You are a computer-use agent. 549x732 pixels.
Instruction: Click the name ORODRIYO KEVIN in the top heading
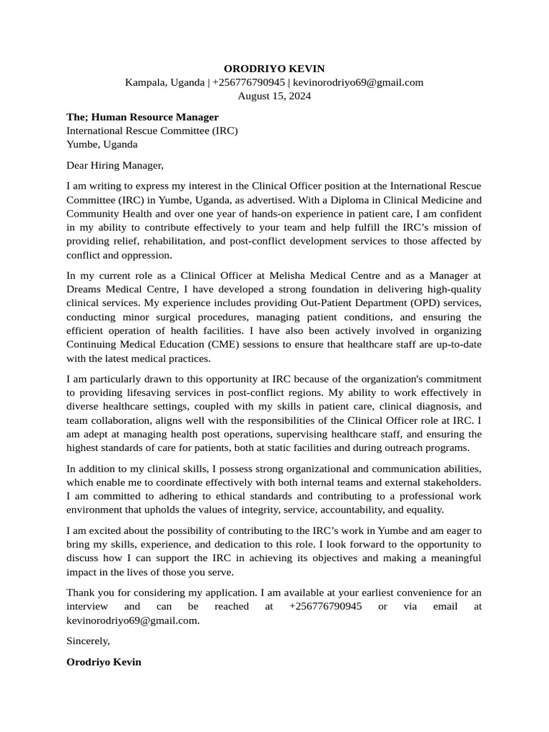pos(274,69)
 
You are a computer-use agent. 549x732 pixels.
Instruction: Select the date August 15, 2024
pos(274,96)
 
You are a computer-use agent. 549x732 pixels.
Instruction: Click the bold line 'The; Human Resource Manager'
pos(142,117)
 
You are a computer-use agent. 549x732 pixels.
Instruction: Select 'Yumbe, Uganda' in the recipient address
pos(102,144)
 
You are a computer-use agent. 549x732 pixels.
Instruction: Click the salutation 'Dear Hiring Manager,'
pos(115,165)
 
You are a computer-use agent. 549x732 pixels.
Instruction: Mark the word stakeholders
pos(449,482)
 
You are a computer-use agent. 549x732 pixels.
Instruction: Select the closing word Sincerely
pos(88,640)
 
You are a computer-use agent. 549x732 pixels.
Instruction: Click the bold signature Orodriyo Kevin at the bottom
pos(104,662)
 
